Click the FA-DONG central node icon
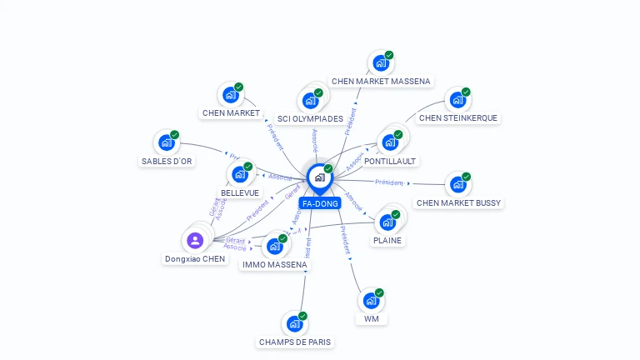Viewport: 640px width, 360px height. click(x=318, y=177)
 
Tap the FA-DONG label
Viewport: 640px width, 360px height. click(x=319, y=203)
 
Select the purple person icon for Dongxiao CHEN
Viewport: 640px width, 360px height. click(x=195, y=241)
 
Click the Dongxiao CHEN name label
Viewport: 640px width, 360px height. click(x=195, y=259)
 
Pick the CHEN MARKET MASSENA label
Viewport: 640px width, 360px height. click(x=381, y=82)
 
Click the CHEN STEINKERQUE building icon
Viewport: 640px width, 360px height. click(x=457, y=100)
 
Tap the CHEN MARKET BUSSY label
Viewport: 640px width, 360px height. click(x=458, y=203)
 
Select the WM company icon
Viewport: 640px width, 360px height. click(x=371, y=301)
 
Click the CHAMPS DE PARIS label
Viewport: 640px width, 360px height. click(x=296, y=342)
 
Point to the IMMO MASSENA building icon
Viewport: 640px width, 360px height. click(x=273, y=247)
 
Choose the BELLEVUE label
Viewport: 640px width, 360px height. click(x=240, y=192)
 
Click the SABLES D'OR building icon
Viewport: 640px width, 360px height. click(x=166, y=143)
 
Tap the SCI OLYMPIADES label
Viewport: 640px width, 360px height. click(x=310, y=119)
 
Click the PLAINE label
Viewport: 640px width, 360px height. click(x=387, y=241)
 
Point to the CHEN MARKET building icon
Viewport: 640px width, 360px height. click(x=230, y=95)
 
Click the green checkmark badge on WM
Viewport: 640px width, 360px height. click(x=379, y=292)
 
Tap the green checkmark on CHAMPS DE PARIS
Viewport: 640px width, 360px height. click(x=302, y=316)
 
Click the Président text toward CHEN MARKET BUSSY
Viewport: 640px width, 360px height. click(x=389, y=182)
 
